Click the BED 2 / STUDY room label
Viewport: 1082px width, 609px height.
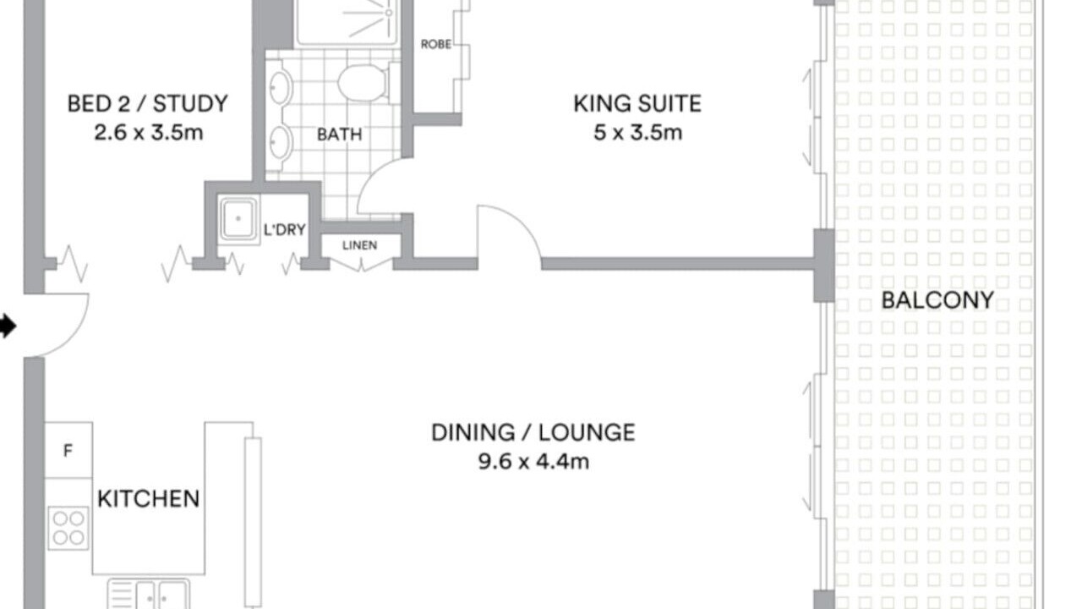click(x=148, y=104)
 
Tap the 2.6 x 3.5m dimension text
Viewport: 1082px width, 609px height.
click(x=149, y=133)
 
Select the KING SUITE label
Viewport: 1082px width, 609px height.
click(x=637, y=104)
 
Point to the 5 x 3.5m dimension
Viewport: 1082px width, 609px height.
click(x=637, y=133)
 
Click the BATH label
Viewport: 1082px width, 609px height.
click(x=340, y=134)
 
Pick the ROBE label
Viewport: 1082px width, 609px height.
click(x=436, y=45)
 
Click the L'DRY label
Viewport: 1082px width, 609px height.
click(x=285, y=229)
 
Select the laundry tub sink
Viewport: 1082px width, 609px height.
click(x=238, y=219)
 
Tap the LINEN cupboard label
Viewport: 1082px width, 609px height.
click(x=360, y=245)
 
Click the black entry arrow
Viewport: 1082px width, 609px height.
click(x=8, y=326)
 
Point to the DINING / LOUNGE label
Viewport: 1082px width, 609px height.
click(x=533, y=432)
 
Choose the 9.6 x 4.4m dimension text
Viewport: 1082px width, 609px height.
click(x=533, y=462)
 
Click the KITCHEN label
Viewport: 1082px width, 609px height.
click(x=148, y=499)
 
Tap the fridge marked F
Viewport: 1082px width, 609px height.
click(x=68, y=451)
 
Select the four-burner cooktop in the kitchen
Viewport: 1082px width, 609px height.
click(x=68, y=529)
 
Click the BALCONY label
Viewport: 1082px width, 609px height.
click(x=937, y=300)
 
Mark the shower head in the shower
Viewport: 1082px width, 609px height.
click(x=389, y=13)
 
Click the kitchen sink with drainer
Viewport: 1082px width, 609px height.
click(x=148, y=594)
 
